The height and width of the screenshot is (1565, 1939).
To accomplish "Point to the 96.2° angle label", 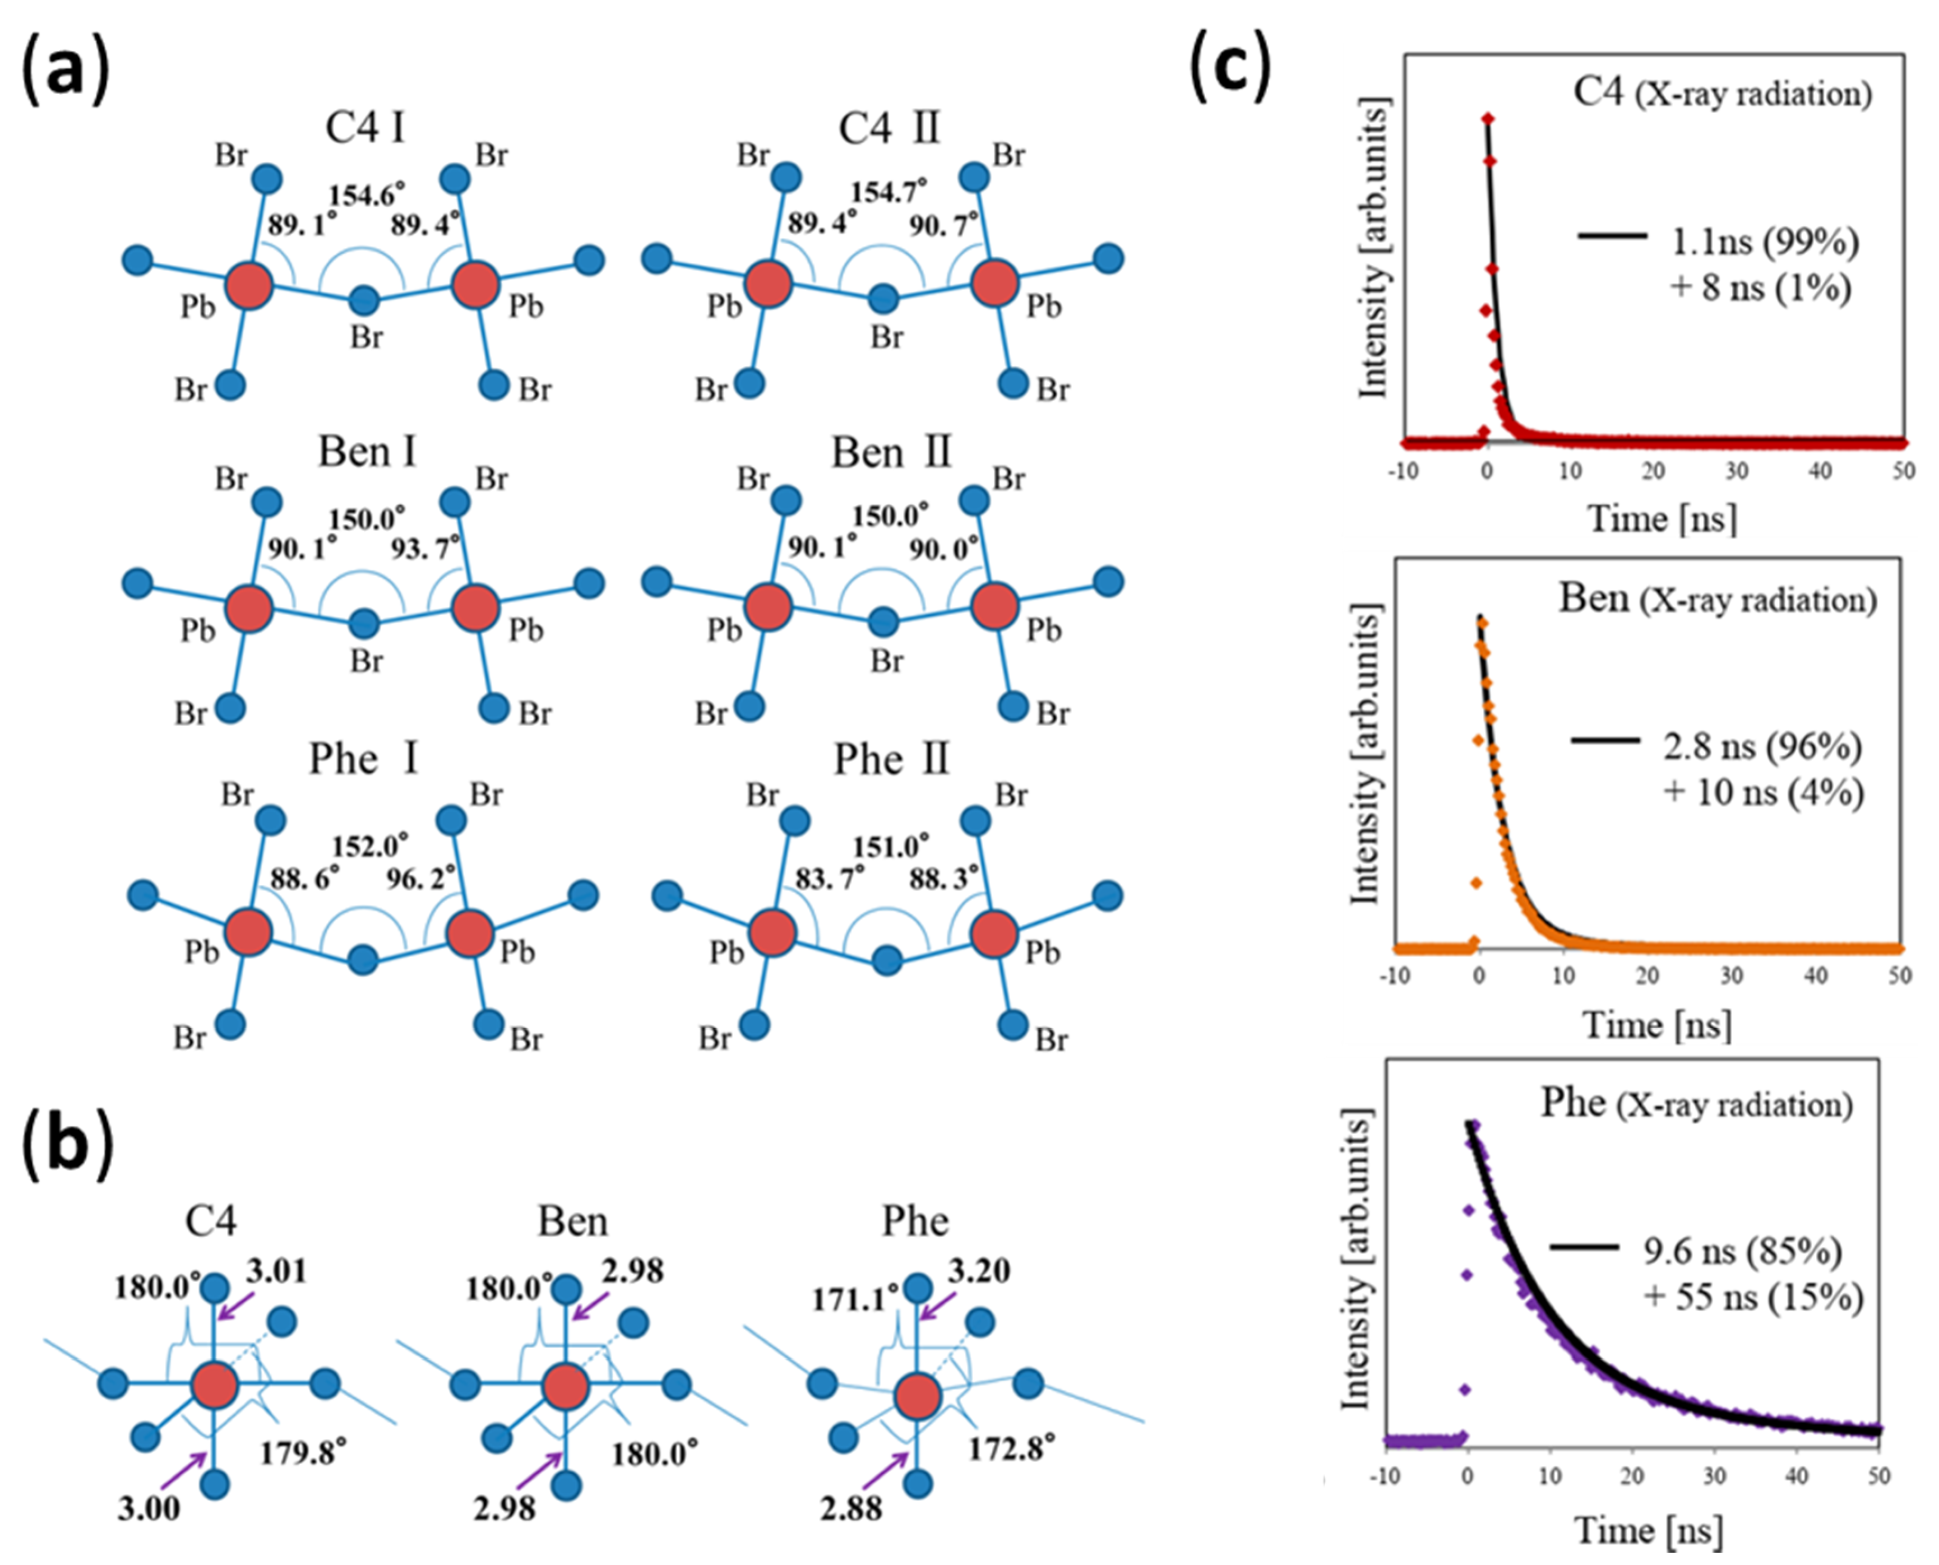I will [x=421, y=877].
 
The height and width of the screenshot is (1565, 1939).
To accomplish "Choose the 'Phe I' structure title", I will [x=364, y=759].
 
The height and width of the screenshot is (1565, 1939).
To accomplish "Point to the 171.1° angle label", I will [x=855, y=1298].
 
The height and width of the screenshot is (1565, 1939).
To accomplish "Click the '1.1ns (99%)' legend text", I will [x=1765, y=241].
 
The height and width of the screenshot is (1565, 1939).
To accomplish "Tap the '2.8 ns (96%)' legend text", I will [x=1762, y=746].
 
